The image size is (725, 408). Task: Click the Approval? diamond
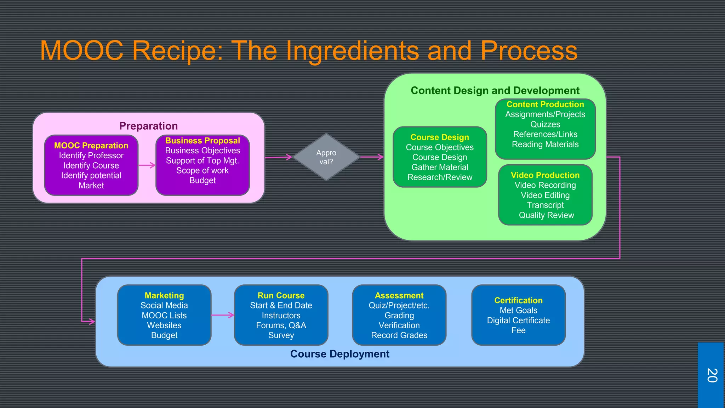click(x=326, y=157)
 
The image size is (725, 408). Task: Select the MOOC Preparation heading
click(x=91, y=146)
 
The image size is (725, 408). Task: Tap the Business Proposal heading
click(x=202, y=141)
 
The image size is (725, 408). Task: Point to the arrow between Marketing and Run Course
click(x=223, y=315)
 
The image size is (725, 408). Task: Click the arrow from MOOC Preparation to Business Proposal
click(x=147, y=165)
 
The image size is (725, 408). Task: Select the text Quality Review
click(x=546, y=215)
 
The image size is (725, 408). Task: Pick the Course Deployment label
click(x=339, y=354)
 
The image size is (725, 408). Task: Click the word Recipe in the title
click(x=177, y=51)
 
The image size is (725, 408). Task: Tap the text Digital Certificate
click(x=518, y=320)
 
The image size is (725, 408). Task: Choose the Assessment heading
click(x=399, y=295)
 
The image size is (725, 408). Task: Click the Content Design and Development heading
click(x=495, y=91)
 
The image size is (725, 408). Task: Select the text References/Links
click(x=545, y=134)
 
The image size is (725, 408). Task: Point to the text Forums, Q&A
click(x=281, y=325)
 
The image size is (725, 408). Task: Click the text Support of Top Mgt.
click(x=202, y=160)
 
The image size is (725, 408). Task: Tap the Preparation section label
click(x=148, y=126)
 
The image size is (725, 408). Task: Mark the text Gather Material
click(x=440, y=167)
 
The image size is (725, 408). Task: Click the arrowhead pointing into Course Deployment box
click(x=92, y=322)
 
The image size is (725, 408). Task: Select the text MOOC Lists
click(x=164, y=315)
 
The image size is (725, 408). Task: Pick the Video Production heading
click(x=545, y=175)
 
